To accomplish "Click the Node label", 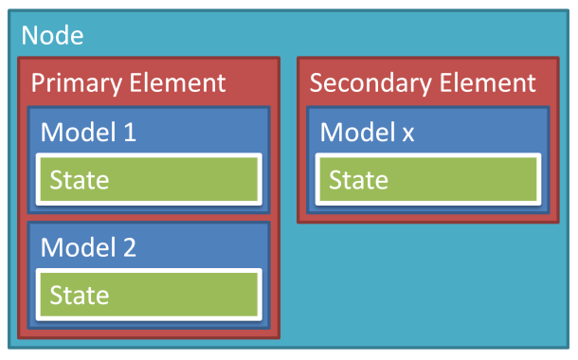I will tap(52, 36).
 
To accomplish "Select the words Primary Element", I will tap(129, 82).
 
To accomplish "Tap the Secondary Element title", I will tap(423, 82).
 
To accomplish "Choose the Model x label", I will tap(368, 132).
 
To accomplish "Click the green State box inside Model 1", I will tap(149, 179).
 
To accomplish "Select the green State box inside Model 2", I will tap(149, 295).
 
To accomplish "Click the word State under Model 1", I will tap(79, 179).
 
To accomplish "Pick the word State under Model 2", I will tap(79, 295).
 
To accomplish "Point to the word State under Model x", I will tap(358, 179).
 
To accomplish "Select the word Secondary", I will tap(367, 82).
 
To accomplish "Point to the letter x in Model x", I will tap(407, 134).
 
